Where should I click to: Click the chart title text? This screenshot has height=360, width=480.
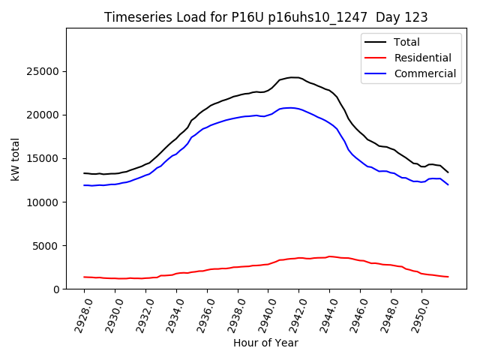(x=266, y=17)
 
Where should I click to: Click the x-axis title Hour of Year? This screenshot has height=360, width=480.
(x=266, y=343)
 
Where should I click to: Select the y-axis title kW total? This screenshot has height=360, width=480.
(x=15, y=159)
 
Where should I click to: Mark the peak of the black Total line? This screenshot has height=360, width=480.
(x=292, y=77)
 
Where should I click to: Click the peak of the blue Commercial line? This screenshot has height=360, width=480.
(x=290, y=108)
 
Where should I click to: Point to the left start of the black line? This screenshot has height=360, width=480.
(x=84, y=173)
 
